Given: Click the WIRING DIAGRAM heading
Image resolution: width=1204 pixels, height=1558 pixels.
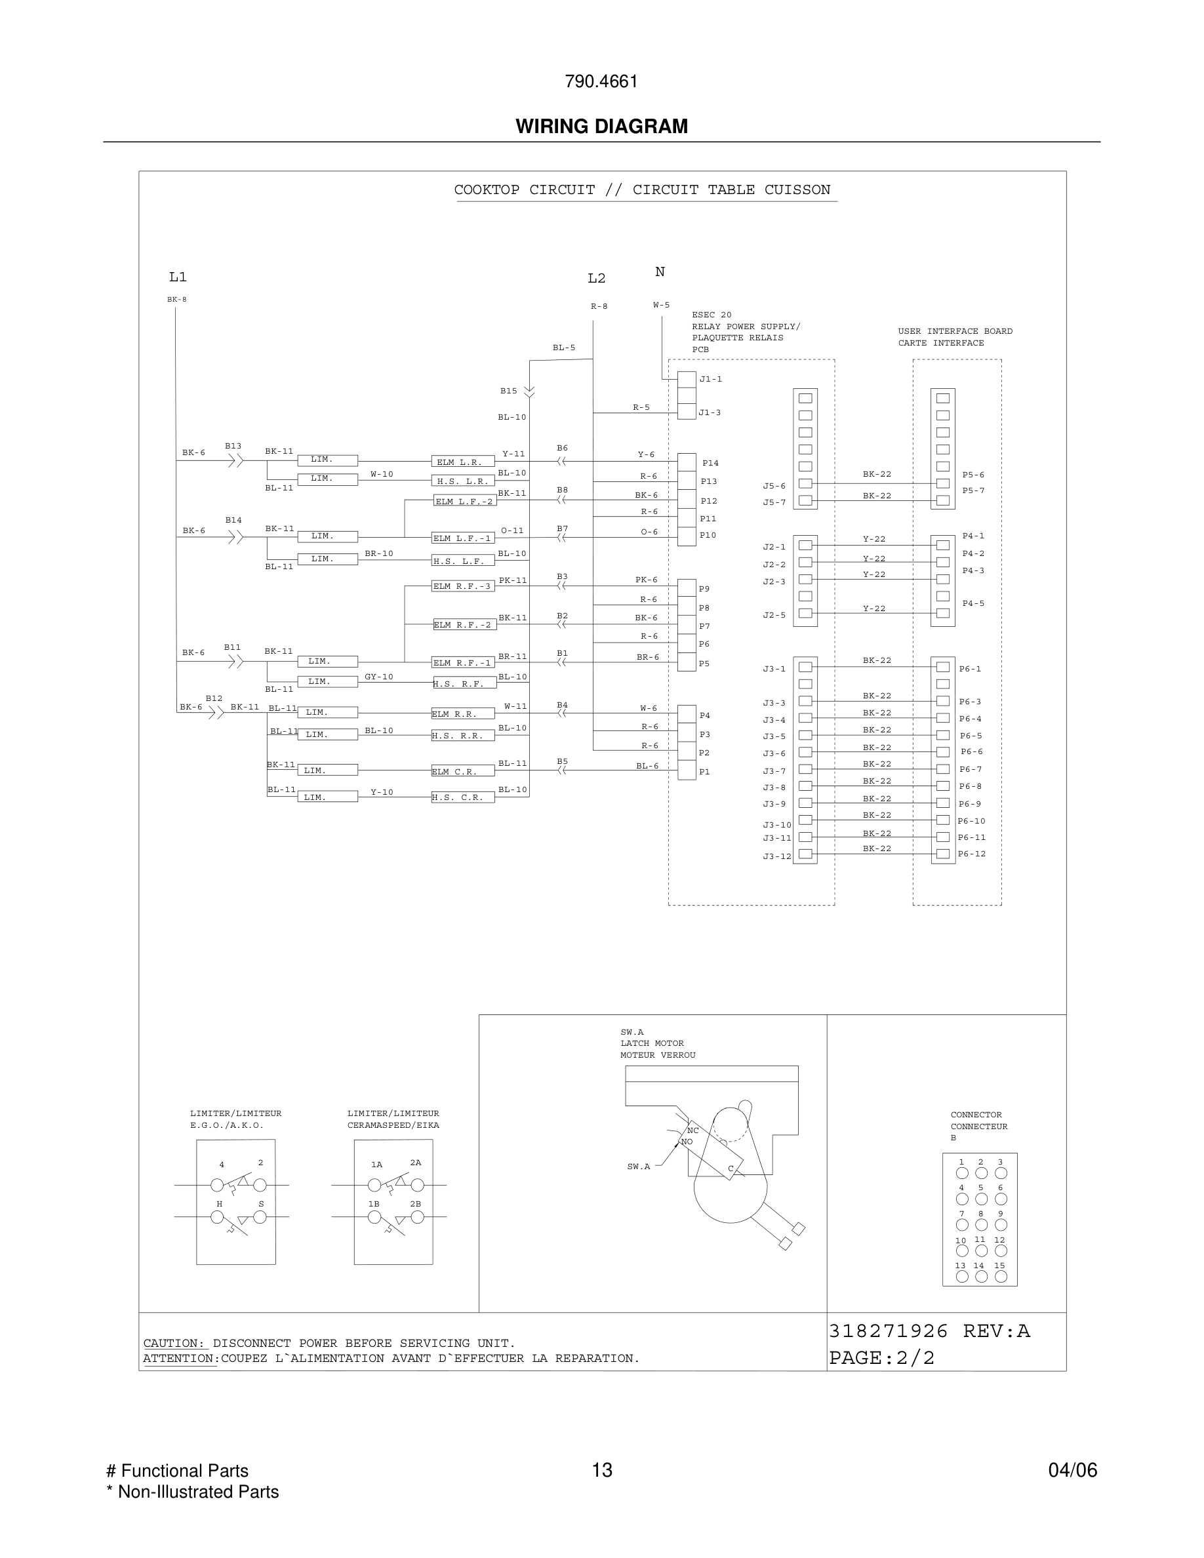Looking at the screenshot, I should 601,127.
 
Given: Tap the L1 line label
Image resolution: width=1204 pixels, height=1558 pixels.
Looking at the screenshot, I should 178,277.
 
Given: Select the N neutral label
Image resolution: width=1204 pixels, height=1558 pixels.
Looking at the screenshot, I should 660,271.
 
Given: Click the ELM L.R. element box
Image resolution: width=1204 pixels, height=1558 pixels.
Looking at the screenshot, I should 462,462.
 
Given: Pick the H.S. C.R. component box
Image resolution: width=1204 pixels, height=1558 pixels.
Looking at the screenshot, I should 462,797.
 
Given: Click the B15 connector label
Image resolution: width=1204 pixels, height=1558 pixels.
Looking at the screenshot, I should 509,391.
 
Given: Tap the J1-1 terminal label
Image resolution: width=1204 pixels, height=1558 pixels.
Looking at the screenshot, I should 710,379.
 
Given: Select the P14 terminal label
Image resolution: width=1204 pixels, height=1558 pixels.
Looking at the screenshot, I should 710,463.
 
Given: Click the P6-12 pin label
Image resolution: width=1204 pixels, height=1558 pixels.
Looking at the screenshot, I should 971,854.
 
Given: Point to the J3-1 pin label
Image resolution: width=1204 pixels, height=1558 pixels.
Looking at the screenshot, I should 774,669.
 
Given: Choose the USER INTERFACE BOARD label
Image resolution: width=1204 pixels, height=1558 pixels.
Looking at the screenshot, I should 955,331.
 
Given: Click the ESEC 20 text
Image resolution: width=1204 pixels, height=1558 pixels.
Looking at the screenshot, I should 711,315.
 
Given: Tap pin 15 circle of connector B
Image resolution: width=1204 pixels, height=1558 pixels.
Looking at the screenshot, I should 1001,1276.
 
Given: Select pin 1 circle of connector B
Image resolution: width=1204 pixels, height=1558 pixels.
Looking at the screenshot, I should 962,1173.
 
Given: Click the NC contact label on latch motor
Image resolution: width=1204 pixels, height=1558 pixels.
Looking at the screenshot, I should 692,1130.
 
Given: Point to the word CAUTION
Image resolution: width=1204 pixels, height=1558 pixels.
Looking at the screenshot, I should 173,1344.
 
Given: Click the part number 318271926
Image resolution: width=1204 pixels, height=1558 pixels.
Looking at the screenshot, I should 888,1331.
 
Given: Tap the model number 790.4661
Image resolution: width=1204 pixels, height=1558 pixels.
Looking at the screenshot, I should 601,81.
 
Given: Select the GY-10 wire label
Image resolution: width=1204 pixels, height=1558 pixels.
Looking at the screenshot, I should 379,676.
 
